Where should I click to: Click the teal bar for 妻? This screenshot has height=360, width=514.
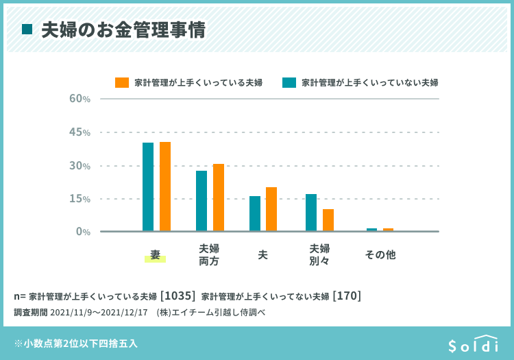[148, 187]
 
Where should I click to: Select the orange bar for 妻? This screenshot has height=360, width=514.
[165, 187]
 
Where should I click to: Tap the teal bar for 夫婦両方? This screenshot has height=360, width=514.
[201, 201]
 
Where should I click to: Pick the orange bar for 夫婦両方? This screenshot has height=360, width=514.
[219, 197]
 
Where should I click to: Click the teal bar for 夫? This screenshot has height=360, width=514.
[255, 213]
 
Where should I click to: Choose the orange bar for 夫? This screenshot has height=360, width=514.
[271, 209]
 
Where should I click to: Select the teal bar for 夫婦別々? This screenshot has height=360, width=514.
[311, 213]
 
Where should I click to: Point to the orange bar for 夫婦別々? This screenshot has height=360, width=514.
[328, 220]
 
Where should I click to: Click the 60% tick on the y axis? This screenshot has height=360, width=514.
[80, 99]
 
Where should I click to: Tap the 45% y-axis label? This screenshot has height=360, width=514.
[80, 132]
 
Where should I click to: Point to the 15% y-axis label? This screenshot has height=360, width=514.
[80, 199]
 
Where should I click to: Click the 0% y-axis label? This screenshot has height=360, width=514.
[83, 232]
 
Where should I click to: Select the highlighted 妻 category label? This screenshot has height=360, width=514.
[155, 255]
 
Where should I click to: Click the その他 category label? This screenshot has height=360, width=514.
[380, 254]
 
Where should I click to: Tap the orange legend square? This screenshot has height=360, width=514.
[122, 82]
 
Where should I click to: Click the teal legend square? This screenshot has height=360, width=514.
[289, 82]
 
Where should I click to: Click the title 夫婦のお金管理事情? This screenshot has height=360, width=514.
[123, 30]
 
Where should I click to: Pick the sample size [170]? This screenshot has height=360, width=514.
[347, 296]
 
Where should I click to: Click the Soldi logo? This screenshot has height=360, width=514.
[473, 344]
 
